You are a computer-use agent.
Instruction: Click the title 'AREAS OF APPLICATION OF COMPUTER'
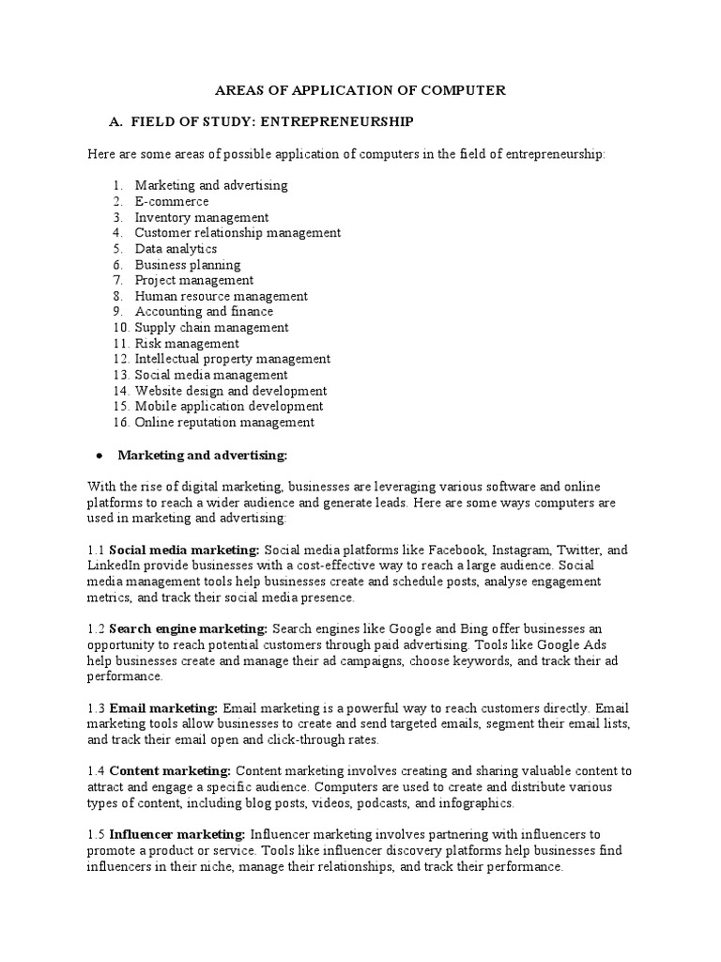(361, 91)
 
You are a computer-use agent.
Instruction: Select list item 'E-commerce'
(172, 201)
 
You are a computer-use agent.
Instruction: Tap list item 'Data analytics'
(176, 249)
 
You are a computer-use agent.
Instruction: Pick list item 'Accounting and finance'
(204, 312)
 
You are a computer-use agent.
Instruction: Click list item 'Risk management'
(187, 344)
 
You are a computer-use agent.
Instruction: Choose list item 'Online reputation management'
(224, 423)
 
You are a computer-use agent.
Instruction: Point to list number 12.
(120, 359)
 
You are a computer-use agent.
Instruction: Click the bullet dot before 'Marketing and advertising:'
(100, 456)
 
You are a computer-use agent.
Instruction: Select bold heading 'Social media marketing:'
(184, 550)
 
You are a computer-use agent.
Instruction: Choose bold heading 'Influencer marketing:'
(177, 834)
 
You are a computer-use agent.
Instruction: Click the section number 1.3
(96, 707)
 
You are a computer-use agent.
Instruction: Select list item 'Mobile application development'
(229, 407)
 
